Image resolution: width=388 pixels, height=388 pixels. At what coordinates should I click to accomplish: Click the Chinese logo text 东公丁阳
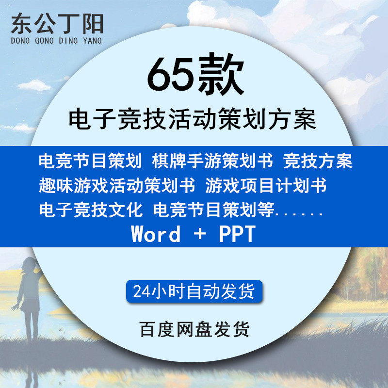(57, 23)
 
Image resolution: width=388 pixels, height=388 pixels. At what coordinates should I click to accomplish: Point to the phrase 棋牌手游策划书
(212, 161)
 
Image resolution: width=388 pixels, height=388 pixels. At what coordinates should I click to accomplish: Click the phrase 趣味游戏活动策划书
(117, 185)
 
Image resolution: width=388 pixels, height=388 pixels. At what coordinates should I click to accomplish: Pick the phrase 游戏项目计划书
(266, 185)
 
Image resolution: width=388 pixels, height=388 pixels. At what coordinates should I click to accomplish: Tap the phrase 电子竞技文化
(91, 210)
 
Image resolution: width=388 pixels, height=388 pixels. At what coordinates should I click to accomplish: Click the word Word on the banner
(156, 234)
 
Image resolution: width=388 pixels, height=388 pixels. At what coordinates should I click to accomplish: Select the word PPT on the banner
(237, 234)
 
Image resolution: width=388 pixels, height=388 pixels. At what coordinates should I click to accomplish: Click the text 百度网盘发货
(194, 329)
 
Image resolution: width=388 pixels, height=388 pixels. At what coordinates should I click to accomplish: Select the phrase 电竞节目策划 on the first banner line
(91, 161)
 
